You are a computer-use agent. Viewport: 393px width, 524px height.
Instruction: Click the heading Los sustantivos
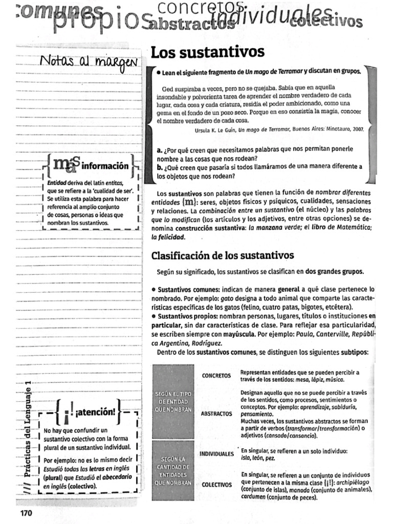[x=207, y=52]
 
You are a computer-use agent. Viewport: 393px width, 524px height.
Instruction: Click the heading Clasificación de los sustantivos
[x=223, y=255]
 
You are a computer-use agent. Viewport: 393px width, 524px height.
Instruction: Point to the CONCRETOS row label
[x=216, y=376]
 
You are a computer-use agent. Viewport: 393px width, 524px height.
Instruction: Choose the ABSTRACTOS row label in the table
[x=217, y=413]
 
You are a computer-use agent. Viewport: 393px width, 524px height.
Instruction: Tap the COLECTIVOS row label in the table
[x=216, y=484]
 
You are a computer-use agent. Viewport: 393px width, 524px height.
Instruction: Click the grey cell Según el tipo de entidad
[x=173, y=401]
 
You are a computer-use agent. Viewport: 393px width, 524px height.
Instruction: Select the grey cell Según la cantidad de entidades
[x=173, y=471]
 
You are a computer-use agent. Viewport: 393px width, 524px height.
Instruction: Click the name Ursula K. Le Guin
[x=215, y=130]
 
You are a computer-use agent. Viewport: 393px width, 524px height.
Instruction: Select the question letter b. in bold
[x=160, y=167]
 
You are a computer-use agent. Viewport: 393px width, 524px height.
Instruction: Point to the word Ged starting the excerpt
[x=167, y=88]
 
